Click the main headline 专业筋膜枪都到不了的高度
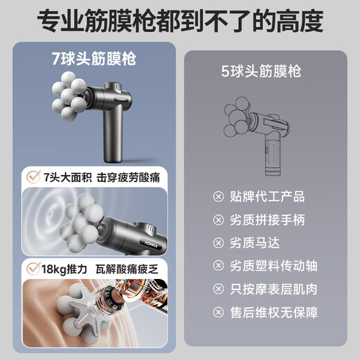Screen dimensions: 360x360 point(179,21)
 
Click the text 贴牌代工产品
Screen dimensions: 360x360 point(267,197)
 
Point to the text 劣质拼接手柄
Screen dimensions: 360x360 point(267,220)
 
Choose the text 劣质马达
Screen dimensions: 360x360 point(257,243)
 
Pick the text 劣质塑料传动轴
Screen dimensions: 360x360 point(272,266)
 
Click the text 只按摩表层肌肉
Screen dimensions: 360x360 point(272,289)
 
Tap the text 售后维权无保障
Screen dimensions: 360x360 point(272,313)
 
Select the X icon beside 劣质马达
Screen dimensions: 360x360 point(219,244)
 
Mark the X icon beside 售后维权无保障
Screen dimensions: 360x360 point(219,313)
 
